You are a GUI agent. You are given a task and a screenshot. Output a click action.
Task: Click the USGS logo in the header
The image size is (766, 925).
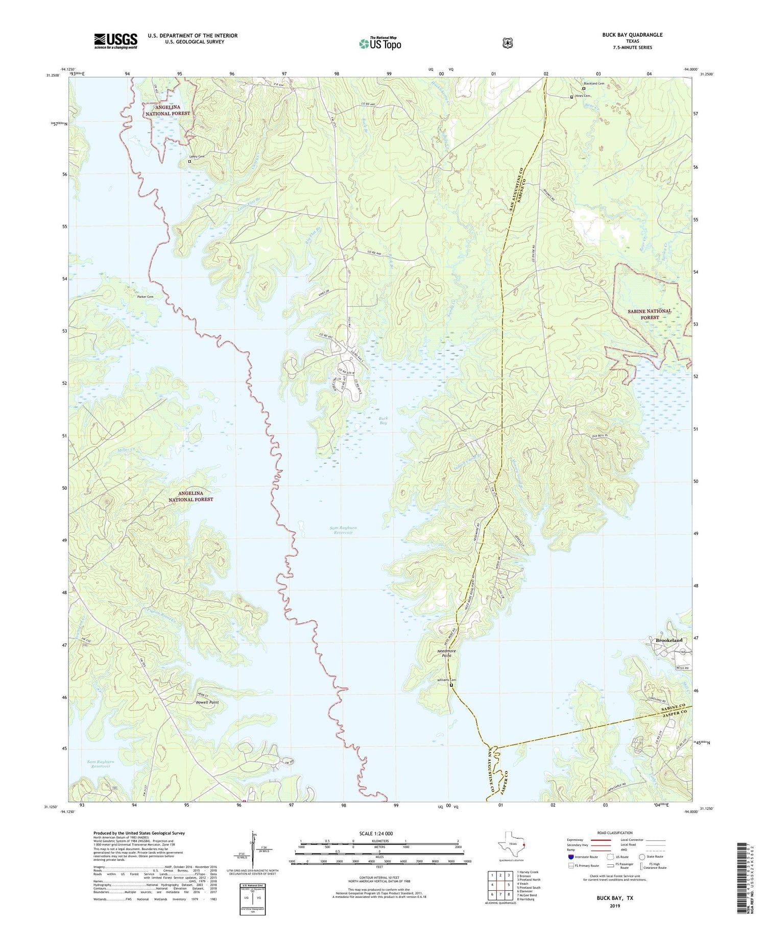pos(115,41)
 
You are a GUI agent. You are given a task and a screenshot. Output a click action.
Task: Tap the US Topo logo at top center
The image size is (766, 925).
pos(380,43)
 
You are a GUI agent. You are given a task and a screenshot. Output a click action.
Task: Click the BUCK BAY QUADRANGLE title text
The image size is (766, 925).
pos(632,35)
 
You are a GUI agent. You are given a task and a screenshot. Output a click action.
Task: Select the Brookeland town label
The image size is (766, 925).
pos(668,640)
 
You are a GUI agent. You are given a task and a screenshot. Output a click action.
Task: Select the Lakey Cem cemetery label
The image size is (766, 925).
pos(197,157)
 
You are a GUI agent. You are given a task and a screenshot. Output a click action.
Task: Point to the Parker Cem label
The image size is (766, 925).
pos(145,296)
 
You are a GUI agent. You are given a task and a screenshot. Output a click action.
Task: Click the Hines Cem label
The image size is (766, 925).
pos(582,96)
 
